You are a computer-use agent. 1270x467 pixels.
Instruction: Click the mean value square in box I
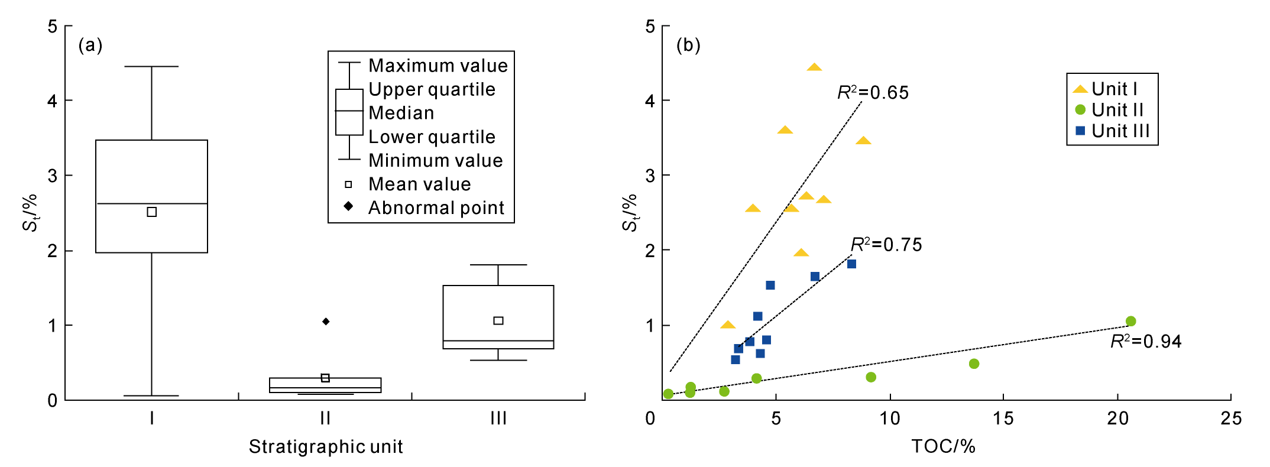pos(151,212)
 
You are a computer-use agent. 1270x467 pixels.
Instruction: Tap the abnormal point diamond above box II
pos(326,322)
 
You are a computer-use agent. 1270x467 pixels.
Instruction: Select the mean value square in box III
pos(498,320)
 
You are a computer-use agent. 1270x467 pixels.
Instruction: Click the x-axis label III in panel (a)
pos(498,419)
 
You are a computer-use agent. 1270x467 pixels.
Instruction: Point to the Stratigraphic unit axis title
pos(326,447)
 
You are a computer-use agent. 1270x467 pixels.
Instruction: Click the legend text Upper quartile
pos(432,89)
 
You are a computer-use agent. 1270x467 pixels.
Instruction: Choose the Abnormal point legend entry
pos(436,208)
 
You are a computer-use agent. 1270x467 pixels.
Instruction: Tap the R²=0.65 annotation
pos(873,93)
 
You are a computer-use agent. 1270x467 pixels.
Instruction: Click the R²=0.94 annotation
pos(1145,342)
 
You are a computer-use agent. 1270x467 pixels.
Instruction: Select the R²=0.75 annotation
pos(886,245)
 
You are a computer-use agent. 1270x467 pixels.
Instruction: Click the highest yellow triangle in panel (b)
pos(814,67)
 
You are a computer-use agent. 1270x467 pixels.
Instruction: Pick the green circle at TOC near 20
pos(1130,322)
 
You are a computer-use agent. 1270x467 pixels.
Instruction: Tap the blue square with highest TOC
pos(851,264)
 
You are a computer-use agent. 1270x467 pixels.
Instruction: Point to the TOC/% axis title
pos(943,446)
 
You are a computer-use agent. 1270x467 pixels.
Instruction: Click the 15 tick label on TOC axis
pos(1003,419)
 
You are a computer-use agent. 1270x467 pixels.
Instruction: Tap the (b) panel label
pos(688,45)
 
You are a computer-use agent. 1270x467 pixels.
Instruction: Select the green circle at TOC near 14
pos(974,364)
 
